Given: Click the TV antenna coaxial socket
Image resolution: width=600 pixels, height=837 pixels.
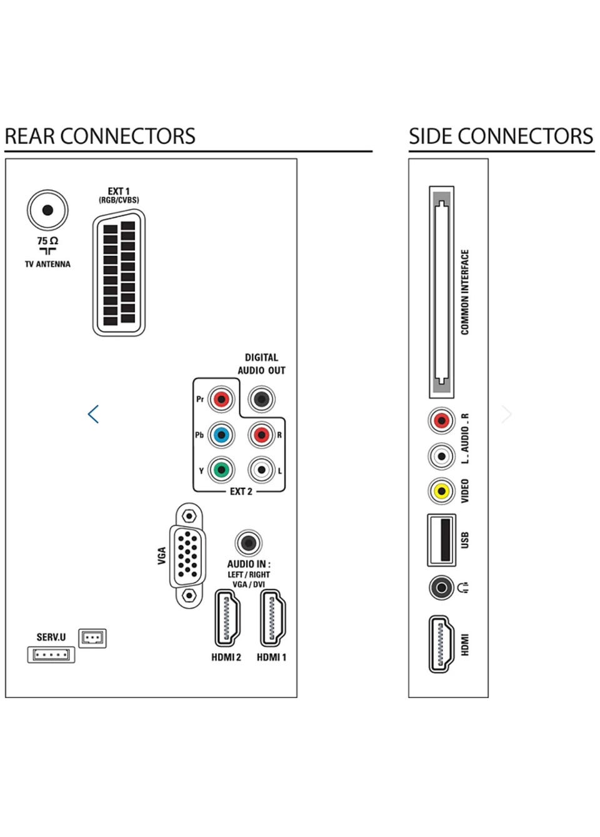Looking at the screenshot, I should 47,210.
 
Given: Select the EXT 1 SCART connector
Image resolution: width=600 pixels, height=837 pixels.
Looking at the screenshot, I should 119,273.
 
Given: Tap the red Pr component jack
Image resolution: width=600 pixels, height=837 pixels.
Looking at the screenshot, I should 221,399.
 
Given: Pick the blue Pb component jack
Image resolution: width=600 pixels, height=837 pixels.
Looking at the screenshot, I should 221,435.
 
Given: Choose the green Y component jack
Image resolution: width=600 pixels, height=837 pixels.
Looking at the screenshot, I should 221,470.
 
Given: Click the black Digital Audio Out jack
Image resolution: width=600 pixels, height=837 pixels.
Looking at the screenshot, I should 261,399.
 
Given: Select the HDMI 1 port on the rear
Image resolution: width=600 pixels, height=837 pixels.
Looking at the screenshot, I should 272,619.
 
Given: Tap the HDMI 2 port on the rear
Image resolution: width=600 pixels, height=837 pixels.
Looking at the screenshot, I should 227,619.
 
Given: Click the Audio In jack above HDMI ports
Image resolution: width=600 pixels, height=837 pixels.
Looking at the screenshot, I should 248,542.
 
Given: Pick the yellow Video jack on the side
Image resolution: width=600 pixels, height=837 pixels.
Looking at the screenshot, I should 441,491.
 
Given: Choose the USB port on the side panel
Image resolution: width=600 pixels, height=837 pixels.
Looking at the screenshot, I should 441,539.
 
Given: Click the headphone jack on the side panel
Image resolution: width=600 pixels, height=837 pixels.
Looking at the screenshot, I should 441,588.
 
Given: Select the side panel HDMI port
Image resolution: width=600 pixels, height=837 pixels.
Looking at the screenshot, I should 441,644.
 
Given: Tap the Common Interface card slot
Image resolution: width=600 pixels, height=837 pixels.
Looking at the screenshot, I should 441,292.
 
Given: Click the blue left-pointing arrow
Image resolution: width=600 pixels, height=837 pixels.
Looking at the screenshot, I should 93,414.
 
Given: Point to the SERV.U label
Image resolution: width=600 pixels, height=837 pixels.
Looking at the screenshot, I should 51,637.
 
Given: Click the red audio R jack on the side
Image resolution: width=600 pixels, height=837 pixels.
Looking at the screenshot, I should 441,420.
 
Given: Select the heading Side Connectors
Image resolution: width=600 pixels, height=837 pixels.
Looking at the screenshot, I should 501,136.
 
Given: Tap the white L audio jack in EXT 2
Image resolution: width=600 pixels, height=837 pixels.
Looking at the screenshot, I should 261,470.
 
